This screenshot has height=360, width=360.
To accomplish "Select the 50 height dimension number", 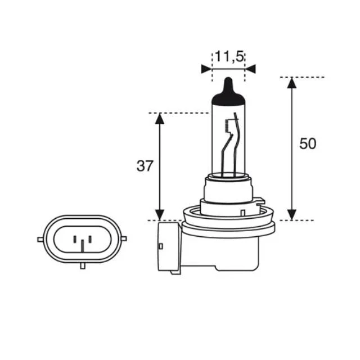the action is coord(308,144).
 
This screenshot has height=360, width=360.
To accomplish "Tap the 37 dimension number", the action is coord(145,166).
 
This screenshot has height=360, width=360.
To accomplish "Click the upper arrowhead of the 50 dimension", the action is coord(291,83).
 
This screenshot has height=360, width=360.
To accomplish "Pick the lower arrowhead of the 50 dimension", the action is coord(291,215).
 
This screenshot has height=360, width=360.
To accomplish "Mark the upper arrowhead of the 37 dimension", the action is coord(160,119).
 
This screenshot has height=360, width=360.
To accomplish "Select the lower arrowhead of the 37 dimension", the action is coord(160,215).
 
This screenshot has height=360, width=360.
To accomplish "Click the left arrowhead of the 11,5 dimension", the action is coord(206,69).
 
